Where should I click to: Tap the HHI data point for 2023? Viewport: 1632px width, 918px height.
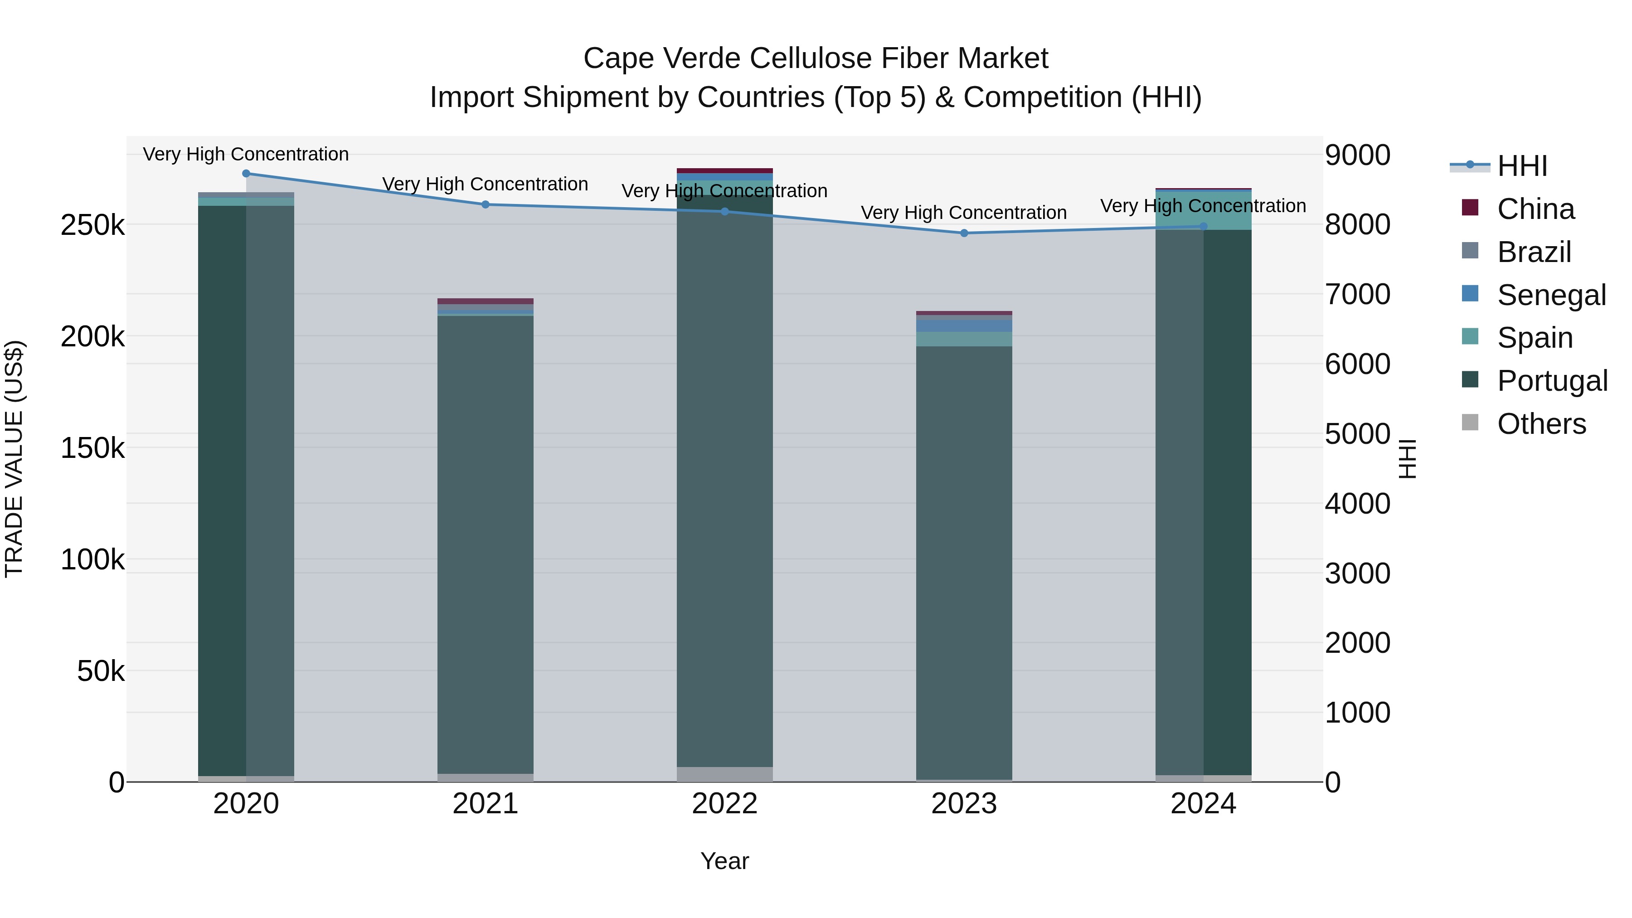[x=964, y=233]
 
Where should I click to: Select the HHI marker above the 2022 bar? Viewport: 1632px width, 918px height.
[x=725, y=212]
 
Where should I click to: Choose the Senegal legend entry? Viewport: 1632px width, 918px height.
[x=1551, y=295]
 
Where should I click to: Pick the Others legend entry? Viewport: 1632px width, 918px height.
[x=1541, y=424]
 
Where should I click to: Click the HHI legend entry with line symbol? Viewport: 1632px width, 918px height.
[x=1522, y=166]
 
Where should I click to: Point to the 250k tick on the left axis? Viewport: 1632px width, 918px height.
[x=92, y=225]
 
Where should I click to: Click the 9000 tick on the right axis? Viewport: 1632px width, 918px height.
[x=1357, y=155]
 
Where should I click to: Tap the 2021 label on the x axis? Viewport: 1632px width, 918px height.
[x=485, y=804]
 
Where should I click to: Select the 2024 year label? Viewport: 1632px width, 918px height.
[x=1203, y=804]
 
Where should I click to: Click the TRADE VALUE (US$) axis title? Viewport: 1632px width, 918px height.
[x=14, y=459]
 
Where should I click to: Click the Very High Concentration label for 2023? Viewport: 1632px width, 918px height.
[x=964, y=213]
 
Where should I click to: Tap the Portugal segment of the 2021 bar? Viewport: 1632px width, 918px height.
[x=485, y=545]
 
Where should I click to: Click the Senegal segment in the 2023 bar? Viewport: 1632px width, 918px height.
[x=964, y=325]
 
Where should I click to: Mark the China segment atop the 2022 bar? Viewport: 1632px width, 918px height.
[x=725, y=171]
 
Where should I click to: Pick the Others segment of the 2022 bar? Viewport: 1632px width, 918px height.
[x=725, y=774]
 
